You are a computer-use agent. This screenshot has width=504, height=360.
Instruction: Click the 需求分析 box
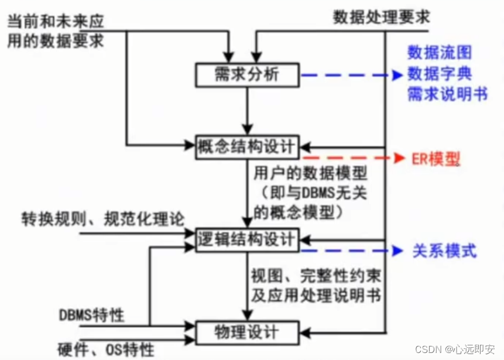247,75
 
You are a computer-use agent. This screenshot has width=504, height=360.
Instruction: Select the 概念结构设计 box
247,145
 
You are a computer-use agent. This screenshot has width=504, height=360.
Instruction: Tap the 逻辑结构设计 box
247,239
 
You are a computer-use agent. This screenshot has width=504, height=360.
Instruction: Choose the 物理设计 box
247,332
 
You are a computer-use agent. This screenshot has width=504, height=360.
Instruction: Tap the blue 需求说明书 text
448,94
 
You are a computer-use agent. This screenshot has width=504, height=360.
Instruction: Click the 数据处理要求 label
380,16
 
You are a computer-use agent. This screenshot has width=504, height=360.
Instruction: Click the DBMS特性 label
91,315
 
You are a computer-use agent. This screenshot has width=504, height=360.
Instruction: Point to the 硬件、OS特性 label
106,349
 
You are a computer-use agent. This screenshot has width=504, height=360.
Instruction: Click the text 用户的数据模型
301,174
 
